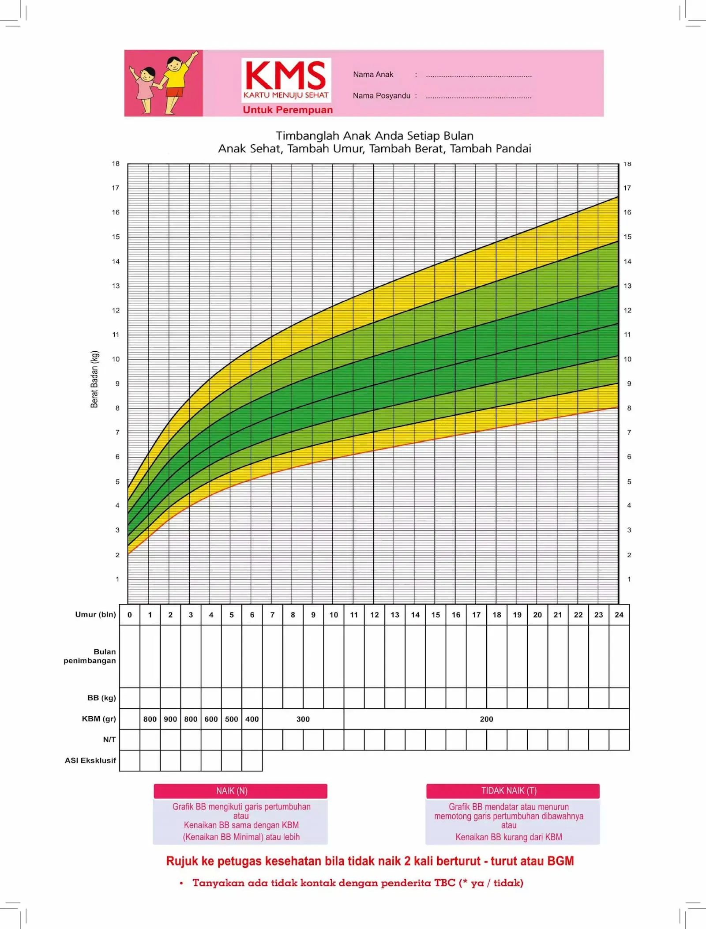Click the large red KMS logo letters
(x=285, y=75)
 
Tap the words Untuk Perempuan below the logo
(x=288, y=110)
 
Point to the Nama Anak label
(x=373, y=75)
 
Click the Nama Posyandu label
(x=381, y=96)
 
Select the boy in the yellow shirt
(x=176, y=79)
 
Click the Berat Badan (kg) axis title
(x=94, y=379)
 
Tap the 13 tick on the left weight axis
(x=116, y=286)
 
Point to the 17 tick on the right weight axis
(x=627, y=188)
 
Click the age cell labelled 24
(x=619, y=615)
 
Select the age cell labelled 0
(x=130, y=615)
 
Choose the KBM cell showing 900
(x=170, y=719)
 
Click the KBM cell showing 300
(x=303, y=719)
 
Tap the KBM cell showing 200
(x=486, y=719)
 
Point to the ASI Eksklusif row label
(x=90, y=760)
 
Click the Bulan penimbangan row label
(x=90, y=656)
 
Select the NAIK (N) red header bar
(x=240, y=791)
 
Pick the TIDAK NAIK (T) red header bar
(x=513, y=791)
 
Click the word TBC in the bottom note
(x=444, y=883)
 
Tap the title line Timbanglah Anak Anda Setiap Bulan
(x=375, y=136)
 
